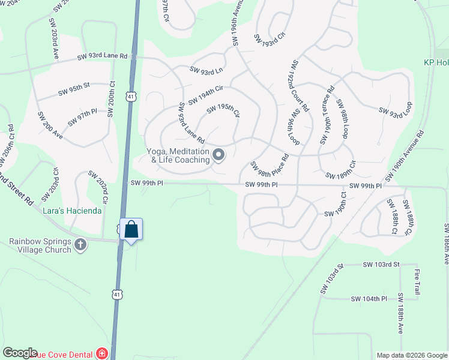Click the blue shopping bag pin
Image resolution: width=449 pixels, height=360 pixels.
pos(131,230)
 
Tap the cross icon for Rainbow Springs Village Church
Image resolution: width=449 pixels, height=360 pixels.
pos(81,244)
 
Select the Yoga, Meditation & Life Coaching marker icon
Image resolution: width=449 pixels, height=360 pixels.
pos(219,155)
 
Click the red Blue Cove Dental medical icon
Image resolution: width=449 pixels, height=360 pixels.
pos(101,353)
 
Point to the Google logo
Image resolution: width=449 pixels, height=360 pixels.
pos(20,353)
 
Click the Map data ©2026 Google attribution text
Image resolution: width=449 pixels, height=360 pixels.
pos(411,355)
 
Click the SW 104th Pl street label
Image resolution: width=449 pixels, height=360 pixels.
pos(369,299)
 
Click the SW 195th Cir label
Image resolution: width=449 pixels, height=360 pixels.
pos(223,111)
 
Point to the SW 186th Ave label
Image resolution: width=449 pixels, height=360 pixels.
pos(446,244)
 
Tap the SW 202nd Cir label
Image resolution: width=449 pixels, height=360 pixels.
pos(97,187)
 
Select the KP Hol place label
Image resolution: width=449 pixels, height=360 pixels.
pos(436,62)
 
